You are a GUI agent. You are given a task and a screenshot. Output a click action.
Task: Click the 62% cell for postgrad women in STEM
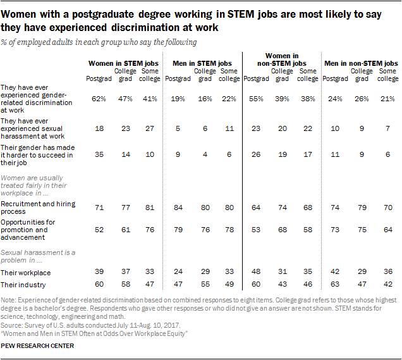[99, 99]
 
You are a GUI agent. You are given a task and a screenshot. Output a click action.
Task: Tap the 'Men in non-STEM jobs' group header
[361, 64]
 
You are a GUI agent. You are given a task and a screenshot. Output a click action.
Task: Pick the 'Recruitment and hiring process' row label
[38, 207]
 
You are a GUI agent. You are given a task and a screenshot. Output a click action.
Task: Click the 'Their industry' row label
[23, 285]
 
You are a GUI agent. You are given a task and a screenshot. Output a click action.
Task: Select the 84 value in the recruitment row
[179, 208]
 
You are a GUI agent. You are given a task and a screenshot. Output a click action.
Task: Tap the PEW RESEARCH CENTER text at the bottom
[38, 346]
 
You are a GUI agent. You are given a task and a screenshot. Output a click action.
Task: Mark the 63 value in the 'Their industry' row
[336, 285]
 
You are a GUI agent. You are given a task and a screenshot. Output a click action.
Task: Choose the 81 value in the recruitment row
[149, 208]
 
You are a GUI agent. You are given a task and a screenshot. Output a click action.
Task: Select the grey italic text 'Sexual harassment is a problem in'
[39, 256]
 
